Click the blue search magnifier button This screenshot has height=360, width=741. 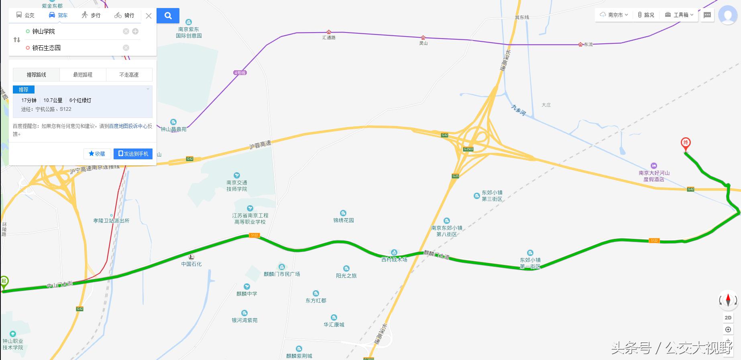(168, 16)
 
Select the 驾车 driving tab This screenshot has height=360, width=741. (58, 15)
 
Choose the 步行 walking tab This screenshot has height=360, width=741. (91, 15)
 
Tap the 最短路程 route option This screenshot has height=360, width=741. (83, 75)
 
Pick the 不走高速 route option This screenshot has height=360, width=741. (129, 75)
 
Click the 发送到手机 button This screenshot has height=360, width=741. (133, 154)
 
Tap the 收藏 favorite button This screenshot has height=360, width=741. (97, 154)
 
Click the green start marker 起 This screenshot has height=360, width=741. (4, 282)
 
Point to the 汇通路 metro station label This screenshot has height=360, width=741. (329, 37)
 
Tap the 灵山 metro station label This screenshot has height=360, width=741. (423, 43)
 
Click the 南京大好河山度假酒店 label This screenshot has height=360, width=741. (654, 176)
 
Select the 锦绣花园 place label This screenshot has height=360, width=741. (343, 220)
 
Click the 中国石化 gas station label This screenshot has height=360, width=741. (191, 264)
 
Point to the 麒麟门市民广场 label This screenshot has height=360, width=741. (282, 274)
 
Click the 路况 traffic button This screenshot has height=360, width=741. (646, 15)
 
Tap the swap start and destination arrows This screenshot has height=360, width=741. (17, 40)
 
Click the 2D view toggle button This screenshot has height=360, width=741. (728, 317)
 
